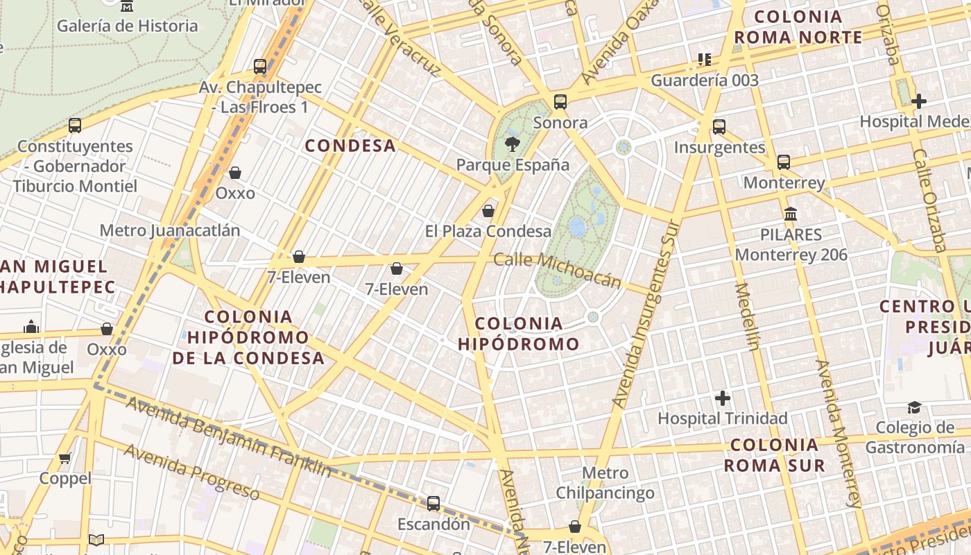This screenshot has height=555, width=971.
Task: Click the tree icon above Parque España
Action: click(512, 144)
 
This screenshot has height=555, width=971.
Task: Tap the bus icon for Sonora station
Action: click(560, 102)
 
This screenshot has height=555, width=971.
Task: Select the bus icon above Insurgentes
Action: click(719, 126)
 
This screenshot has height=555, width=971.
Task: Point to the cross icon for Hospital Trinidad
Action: click(723, 398)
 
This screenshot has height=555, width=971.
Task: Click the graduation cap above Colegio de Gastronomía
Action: click(915, 407)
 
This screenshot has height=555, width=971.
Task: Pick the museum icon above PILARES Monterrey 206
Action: click(791, 214)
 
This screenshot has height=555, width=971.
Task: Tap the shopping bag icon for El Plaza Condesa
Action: click(488, 211)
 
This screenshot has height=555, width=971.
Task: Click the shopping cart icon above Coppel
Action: click(65, 458)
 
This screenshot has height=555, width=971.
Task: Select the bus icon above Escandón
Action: click(433, 504)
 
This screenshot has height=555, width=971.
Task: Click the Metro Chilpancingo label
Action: click(605, 483)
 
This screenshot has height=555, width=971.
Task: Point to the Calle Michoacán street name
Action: click(558, 270)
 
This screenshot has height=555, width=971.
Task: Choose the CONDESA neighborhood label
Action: click(350, 146)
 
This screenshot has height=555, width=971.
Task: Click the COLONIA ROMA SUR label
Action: click(774, 455)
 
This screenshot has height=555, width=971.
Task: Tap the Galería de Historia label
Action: click(128, 26)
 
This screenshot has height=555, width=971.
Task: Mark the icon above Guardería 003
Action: click(705, 60)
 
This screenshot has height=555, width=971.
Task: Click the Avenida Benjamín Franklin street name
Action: click(229, 438)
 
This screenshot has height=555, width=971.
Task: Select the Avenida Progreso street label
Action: click(192, 472)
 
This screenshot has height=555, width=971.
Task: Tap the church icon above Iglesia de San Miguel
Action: click(31, 327)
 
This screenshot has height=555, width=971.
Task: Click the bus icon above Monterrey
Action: click(784, 162)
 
